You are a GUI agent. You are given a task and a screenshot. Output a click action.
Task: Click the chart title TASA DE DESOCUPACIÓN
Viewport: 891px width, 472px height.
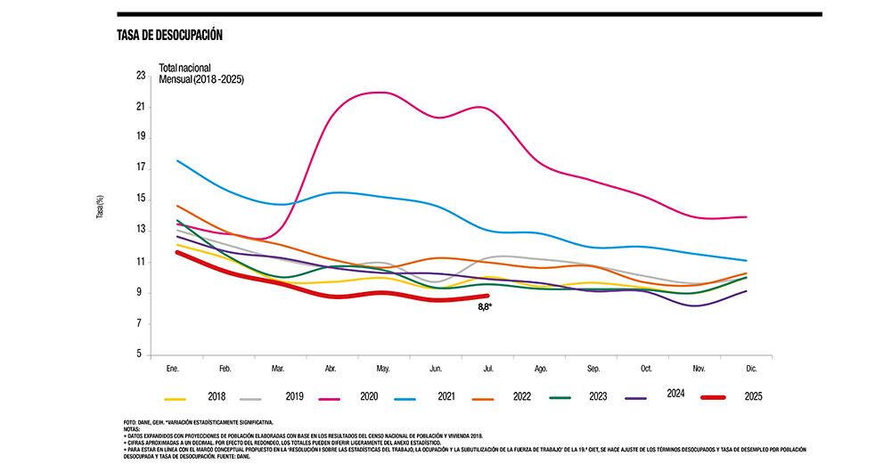169,35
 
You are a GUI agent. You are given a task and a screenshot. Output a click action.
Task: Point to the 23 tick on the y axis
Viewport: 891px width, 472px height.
141,76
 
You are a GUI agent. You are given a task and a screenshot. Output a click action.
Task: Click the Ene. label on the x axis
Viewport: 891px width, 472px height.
174,368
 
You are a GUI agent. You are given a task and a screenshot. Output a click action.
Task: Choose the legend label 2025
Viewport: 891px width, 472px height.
752,395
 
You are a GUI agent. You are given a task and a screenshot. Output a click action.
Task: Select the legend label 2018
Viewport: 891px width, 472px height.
216,395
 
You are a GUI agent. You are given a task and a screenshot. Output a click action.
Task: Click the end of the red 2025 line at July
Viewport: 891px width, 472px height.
487,296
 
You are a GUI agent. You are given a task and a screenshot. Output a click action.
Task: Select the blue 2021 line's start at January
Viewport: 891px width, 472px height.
177,160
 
